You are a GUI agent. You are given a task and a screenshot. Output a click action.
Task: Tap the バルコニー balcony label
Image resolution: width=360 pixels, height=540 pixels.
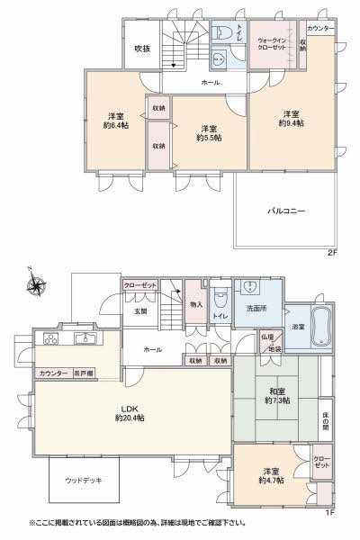(x=285, y=211)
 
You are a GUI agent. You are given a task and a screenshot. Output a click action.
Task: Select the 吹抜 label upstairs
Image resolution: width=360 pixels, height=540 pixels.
(x=142, y=49)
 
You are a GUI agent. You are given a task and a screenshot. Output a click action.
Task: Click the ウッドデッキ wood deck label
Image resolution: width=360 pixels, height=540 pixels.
(x=83, y=481)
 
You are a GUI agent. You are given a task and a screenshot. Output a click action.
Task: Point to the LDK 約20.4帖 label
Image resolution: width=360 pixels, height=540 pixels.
(x=130, y=412)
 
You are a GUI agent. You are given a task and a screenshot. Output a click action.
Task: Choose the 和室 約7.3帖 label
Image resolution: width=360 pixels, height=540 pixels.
(x=276, y=396)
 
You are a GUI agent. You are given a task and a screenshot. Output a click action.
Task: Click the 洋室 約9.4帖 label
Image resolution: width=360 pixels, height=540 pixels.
(x=290, y=118)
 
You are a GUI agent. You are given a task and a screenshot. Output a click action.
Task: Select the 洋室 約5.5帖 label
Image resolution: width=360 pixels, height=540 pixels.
(x=210, y=132)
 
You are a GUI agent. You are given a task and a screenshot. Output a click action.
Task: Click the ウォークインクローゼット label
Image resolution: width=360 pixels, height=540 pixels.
(x=273, y=42)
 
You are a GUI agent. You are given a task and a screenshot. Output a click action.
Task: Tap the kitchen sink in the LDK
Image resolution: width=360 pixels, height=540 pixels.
(x=86, y=339)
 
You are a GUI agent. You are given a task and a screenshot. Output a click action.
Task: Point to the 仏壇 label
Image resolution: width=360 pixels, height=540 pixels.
(x=267, y=337)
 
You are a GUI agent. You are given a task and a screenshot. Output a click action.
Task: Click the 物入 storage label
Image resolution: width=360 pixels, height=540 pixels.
(x=196, y=305)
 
